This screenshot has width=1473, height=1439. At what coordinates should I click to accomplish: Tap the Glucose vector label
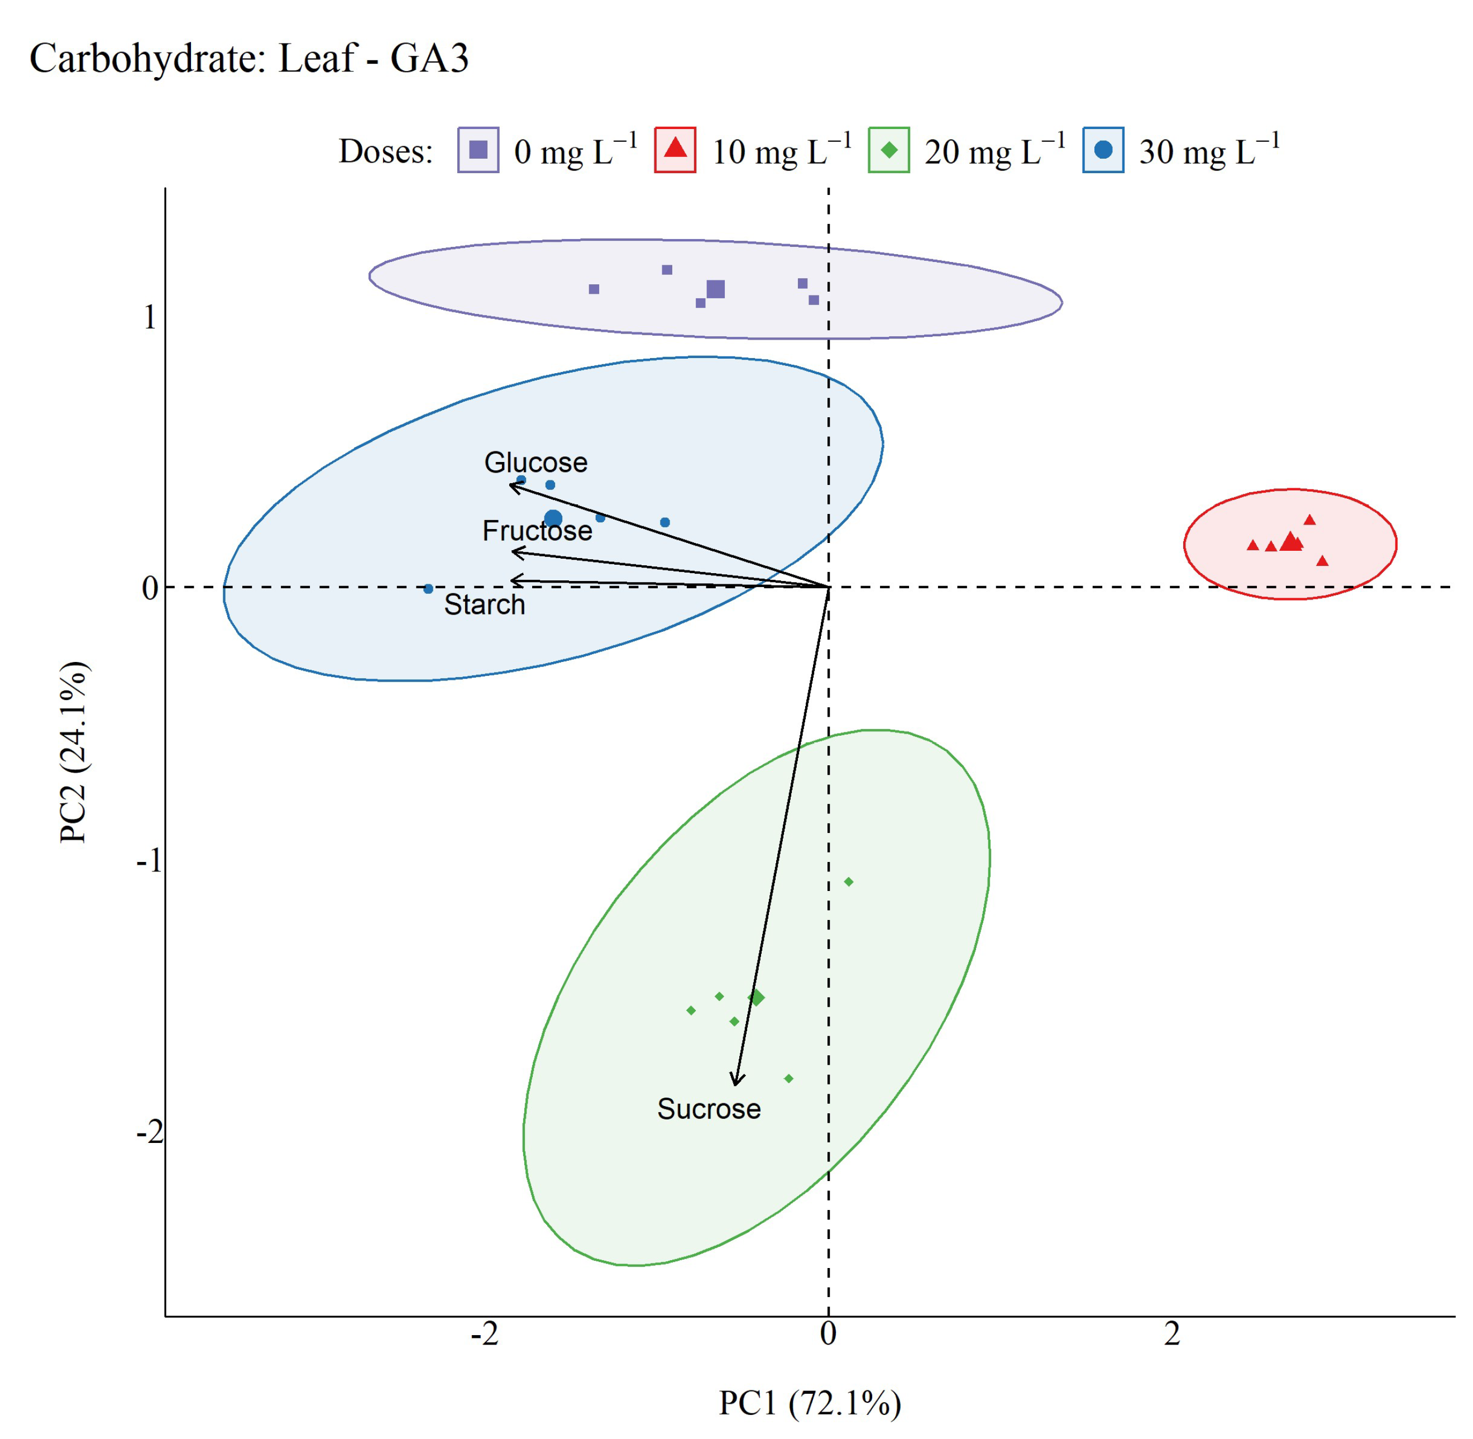click(x=535, y=462)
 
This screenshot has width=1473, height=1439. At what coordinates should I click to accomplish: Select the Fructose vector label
click(x=537, y=531)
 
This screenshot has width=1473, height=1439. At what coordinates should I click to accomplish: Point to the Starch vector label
click(x=484, y=604)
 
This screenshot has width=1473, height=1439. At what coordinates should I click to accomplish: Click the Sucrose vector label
click(x=709, y=1109)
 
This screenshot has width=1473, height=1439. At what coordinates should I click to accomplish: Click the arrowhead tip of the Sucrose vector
click(x=734, y=1085)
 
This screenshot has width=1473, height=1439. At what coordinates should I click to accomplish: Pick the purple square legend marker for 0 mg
click(x=478, y=150)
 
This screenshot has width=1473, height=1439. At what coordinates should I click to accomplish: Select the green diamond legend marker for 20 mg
click(x=889, y=150)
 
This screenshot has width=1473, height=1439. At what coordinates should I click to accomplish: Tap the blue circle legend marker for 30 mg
click(x=1103, y=150)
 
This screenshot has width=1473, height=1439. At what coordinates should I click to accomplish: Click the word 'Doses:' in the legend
click(x=385, y=152)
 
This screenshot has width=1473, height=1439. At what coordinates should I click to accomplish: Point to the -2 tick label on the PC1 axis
click(x=484, y=1335)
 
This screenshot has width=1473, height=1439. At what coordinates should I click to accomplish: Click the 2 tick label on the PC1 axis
click(x=1171, y=1335)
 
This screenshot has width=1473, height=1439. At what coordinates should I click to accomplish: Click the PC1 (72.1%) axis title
click(x=810, y=1403)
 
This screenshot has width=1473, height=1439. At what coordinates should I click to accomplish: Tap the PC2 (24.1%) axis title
click(x=74, y=752)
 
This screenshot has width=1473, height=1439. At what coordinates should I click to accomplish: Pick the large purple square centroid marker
click(x=715, y=289)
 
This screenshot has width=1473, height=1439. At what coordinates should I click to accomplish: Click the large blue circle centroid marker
click(x=553, y=518)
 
